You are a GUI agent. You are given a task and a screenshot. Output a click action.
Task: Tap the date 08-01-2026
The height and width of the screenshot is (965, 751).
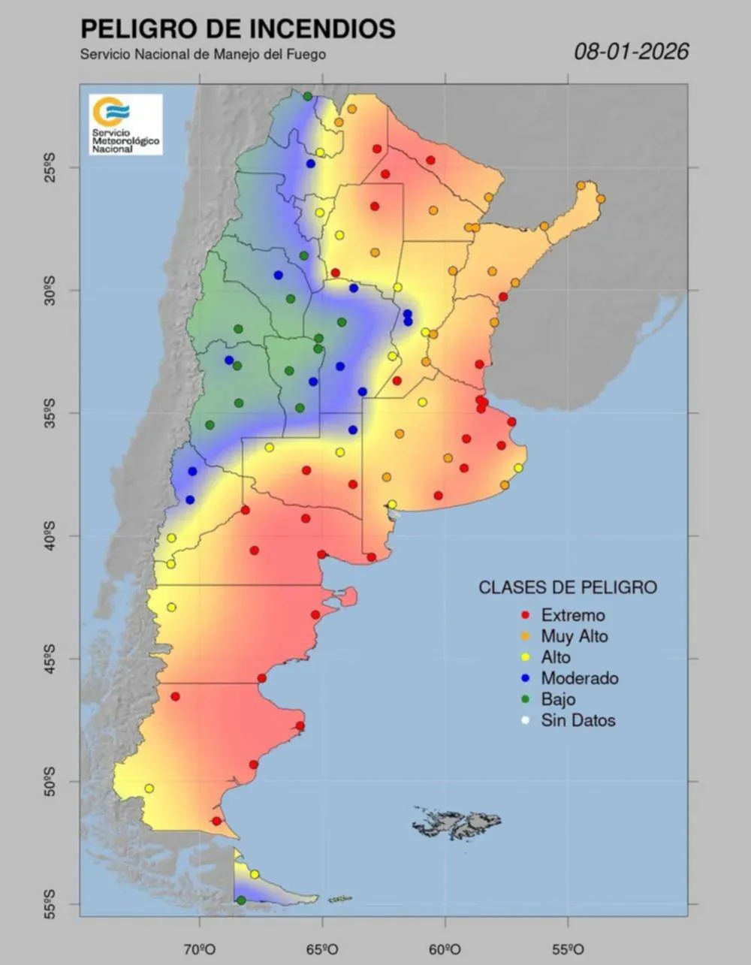tap(631, 51)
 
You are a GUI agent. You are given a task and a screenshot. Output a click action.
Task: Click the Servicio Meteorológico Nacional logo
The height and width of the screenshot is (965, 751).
tap(125, 125)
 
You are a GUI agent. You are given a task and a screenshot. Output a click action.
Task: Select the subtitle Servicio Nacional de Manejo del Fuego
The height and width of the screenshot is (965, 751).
tap(203, 54)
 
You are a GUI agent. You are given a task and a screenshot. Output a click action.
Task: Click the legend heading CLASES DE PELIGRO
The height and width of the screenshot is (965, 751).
tap(568, 587)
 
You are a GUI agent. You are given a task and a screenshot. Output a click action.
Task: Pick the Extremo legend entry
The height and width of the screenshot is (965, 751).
tap(572, 615)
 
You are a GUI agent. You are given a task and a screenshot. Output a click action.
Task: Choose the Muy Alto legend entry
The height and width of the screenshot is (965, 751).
tap(574, 636)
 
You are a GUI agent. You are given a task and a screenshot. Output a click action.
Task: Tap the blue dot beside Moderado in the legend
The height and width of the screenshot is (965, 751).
tap(526, 678)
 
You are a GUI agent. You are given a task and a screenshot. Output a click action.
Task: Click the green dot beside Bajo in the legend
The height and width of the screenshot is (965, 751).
tap(526, 699)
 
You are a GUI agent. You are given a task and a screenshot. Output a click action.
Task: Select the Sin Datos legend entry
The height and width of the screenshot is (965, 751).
tap(577, 720)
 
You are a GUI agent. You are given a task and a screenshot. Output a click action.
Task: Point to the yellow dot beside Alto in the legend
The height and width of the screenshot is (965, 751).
tap(526, 657)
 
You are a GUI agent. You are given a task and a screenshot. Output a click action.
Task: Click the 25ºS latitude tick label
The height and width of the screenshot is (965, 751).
tap(50, 167)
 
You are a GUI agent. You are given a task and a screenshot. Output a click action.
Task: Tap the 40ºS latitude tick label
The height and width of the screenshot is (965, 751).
tap(50, 535)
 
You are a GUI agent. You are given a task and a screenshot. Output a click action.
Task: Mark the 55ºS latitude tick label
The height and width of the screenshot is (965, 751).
tap(50, 903)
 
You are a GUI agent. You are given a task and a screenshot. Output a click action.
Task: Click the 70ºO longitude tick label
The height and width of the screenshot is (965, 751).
tap(200, 947)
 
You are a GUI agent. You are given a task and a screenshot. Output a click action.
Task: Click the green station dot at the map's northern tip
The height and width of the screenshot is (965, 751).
tap(307, 96)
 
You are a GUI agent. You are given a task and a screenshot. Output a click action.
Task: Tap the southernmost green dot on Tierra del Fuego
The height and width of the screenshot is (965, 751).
tap(241, 900)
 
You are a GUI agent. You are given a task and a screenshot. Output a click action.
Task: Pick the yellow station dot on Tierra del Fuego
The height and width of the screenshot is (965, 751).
tap(255, 874)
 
